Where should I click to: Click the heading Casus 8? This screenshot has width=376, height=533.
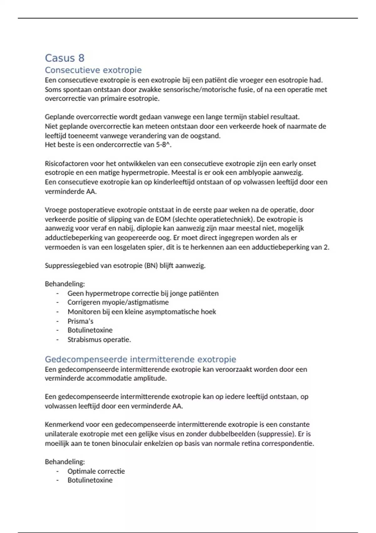(65, 58)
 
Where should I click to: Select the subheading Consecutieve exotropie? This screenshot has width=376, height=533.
(93, 70)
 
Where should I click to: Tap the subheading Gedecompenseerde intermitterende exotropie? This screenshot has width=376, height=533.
(140, 359)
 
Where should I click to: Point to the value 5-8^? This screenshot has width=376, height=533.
(163, 145)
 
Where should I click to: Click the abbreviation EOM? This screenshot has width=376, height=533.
(163, 219)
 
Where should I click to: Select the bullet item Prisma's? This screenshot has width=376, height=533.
(80, 321)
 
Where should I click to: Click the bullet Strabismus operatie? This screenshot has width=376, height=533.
(99, 340)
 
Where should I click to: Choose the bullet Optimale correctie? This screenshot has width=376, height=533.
(96, 471)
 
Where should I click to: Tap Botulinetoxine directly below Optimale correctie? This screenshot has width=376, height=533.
(90, 480)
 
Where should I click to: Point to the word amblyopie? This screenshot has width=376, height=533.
(269, 173)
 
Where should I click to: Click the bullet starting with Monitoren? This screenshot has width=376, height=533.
(142, 312)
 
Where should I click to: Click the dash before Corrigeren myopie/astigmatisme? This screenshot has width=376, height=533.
(58, 302)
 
